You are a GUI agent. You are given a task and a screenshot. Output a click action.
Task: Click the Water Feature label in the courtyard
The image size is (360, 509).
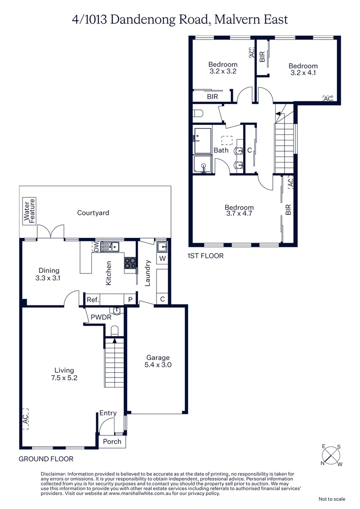point(30,211)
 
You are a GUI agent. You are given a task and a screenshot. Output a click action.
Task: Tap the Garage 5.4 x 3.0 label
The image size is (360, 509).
point(157,361)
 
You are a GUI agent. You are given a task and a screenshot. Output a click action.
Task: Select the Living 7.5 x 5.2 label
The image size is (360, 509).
point(64,374)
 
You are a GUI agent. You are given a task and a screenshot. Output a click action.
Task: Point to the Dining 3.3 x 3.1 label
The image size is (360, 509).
point(49,274)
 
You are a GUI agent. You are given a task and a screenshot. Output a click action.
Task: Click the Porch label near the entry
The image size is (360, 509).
point(112,442)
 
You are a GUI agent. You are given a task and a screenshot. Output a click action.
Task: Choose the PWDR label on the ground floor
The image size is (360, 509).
point(101,317)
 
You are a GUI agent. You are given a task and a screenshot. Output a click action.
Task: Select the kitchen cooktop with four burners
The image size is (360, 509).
point(130,263)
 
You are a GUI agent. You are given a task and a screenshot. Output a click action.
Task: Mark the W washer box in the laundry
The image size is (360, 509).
point(162,258)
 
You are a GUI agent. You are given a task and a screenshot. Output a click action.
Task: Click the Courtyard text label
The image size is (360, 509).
point(93,213)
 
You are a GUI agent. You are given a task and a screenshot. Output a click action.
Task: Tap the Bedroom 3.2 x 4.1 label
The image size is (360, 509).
point(303,69)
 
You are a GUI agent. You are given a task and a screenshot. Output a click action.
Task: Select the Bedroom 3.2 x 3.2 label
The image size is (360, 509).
point(223,68)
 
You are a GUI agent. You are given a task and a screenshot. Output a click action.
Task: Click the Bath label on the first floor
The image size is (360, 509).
point(221,150)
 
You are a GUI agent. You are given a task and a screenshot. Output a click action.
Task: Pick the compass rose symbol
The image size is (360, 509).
point(332,455)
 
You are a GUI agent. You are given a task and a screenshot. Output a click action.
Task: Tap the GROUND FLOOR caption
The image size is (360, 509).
point(46,459)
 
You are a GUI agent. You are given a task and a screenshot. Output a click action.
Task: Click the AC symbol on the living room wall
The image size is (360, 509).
point(25,418)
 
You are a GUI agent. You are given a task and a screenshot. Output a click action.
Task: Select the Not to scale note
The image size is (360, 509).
point(332,499)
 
